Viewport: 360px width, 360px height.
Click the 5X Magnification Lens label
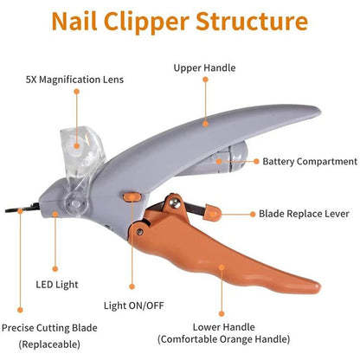click(74, 80)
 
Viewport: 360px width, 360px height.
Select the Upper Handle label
click(204, 67)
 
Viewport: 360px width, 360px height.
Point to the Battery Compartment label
click(310, 162)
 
